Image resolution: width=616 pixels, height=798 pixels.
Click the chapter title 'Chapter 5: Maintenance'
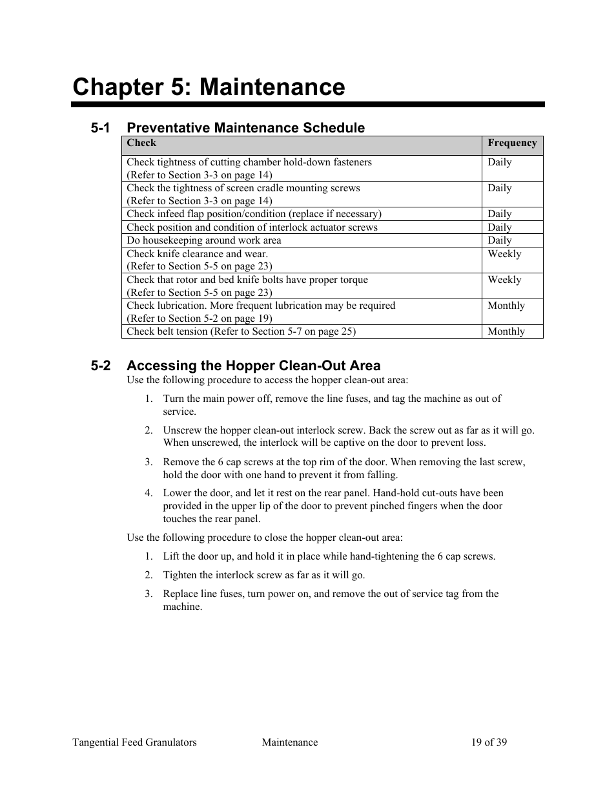[x=209, y=87]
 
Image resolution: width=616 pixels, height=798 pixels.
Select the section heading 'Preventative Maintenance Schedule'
[x=245, y=127]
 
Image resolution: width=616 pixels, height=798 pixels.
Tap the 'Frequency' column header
[x=512, y=143]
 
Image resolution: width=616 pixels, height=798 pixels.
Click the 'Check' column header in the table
[x=141, y=143]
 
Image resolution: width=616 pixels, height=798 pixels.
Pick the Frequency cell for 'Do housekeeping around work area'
[x=500, y=240]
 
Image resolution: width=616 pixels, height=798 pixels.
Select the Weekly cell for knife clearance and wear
[x=504, y=254]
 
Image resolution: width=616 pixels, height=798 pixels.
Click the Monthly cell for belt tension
[x=506, y=331]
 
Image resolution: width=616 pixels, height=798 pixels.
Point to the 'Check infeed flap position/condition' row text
[x=254, y=214]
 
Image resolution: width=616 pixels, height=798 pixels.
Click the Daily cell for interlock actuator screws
[x=500, y=227]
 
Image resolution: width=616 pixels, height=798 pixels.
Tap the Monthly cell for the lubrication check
[x=506, y=306]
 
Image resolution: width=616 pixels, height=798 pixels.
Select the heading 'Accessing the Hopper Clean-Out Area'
[x=253, y=366]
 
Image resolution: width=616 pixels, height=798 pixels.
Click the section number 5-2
[x=100, y=366]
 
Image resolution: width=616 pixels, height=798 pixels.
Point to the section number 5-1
[x=100, y=127]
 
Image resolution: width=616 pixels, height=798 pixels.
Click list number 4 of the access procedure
[x=149, y=493]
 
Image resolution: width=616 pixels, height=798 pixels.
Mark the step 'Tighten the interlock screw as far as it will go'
[x=263, y=575]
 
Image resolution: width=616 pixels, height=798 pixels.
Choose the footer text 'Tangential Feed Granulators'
[x=134, y=742]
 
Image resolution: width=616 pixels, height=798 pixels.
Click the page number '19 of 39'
[x=489, y=742]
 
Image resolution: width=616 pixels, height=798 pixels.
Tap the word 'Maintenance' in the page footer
[x=289, y=742]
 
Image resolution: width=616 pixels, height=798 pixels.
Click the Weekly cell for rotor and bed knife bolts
[x=504, y=280]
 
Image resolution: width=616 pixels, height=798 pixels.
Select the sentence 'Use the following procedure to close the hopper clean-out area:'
[x=265, y=538]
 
